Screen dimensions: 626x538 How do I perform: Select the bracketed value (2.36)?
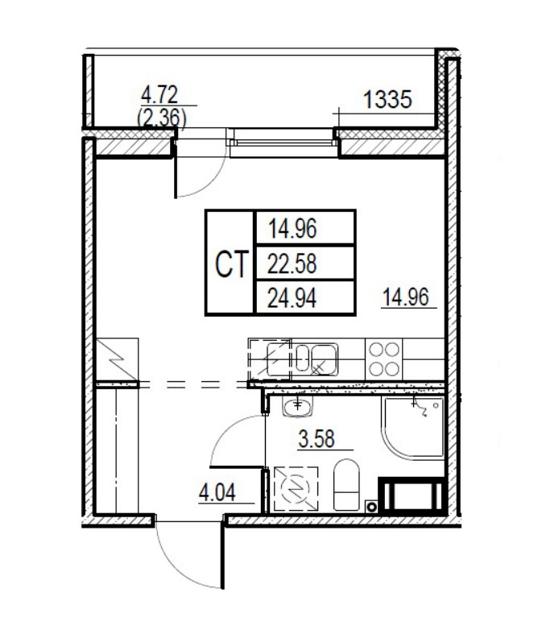162,118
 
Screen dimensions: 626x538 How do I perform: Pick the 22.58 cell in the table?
293,263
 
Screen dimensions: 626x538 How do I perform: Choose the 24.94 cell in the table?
293,299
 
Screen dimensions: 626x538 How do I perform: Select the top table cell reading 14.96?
293,229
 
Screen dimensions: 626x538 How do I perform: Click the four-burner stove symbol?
383,359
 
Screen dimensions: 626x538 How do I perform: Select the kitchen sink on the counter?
315,357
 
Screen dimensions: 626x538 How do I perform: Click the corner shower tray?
414,427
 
